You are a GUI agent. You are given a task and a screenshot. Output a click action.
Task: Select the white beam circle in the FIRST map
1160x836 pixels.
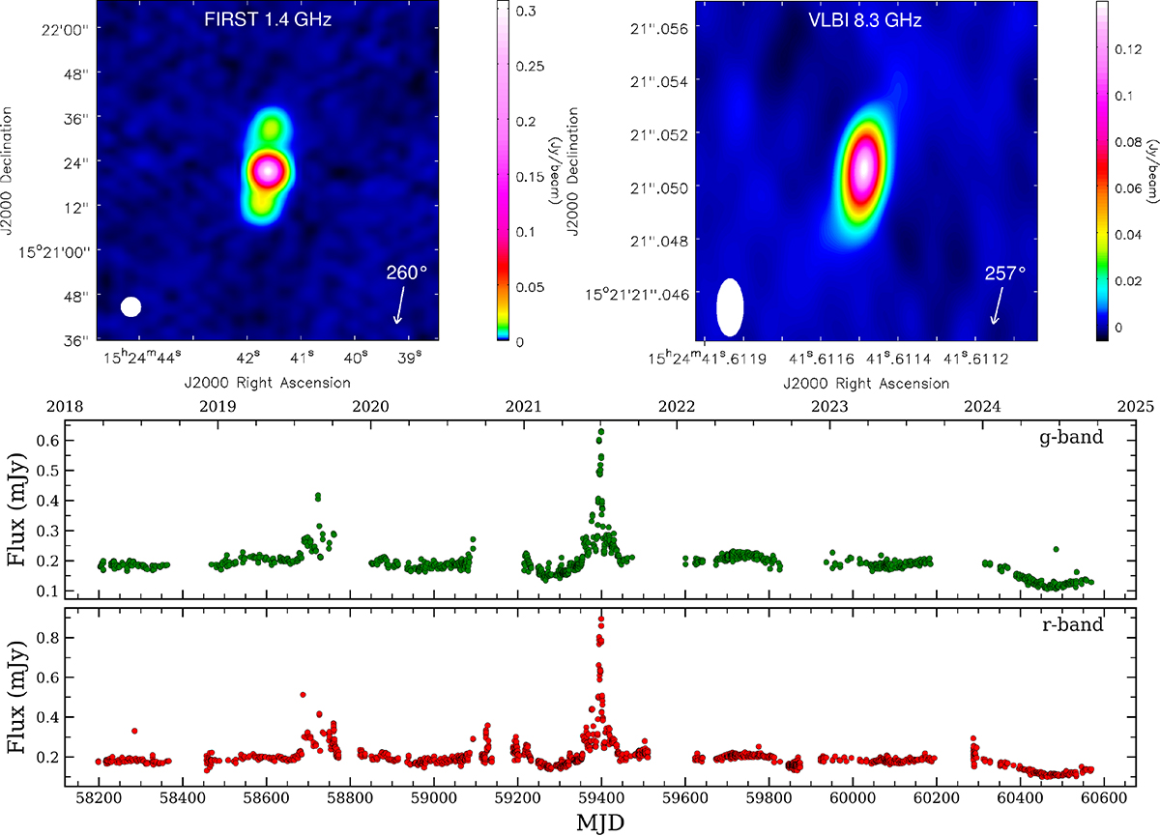131,306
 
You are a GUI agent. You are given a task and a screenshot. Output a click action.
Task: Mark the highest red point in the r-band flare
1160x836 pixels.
601,620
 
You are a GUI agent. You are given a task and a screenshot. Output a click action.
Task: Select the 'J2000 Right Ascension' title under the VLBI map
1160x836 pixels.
866,383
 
